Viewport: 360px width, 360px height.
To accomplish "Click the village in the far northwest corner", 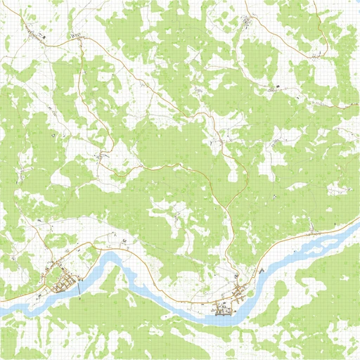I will point(32,32).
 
